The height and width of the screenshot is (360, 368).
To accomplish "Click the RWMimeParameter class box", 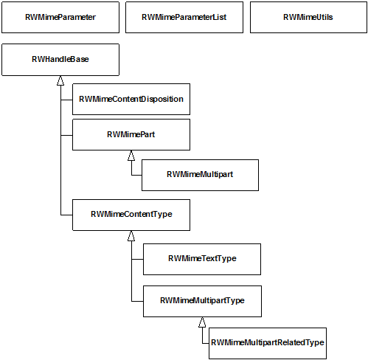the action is pos(60,18).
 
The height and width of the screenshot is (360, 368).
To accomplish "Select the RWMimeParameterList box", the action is pos(184,18).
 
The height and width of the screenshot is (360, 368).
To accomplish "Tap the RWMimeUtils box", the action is pos(308,18).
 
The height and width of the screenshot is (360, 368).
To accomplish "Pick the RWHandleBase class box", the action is pos(60,60).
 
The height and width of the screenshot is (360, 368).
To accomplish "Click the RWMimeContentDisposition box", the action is pos(131,99).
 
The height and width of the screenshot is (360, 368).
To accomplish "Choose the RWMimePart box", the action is pos(131,134).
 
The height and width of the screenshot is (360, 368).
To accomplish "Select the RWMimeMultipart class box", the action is pos(200,175).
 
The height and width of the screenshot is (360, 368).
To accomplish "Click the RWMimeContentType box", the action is pos(131,215).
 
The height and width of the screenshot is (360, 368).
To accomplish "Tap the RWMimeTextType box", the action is pos(202,259).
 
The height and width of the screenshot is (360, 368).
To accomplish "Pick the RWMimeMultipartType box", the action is pos(202,301).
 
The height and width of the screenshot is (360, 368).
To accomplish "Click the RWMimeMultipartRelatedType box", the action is pos(268,343).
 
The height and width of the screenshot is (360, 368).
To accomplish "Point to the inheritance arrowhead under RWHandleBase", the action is pos(60,80).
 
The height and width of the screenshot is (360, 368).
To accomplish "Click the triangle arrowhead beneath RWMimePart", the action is pos(131,156).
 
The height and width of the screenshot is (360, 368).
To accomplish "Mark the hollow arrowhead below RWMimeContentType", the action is pos(131,236).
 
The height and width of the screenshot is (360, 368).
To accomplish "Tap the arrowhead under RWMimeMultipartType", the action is pos(202,322).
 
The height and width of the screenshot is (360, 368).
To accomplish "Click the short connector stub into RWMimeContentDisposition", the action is pos(66,100).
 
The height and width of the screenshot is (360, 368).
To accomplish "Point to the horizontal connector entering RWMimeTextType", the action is pos(137,259).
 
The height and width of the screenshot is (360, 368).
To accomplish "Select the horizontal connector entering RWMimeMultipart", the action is pos(136,175).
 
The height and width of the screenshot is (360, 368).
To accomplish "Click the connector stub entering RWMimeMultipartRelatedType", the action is pos(206,343).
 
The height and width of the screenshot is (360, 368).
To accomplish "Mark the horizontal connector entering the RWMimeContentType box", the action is pos(66,215).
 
